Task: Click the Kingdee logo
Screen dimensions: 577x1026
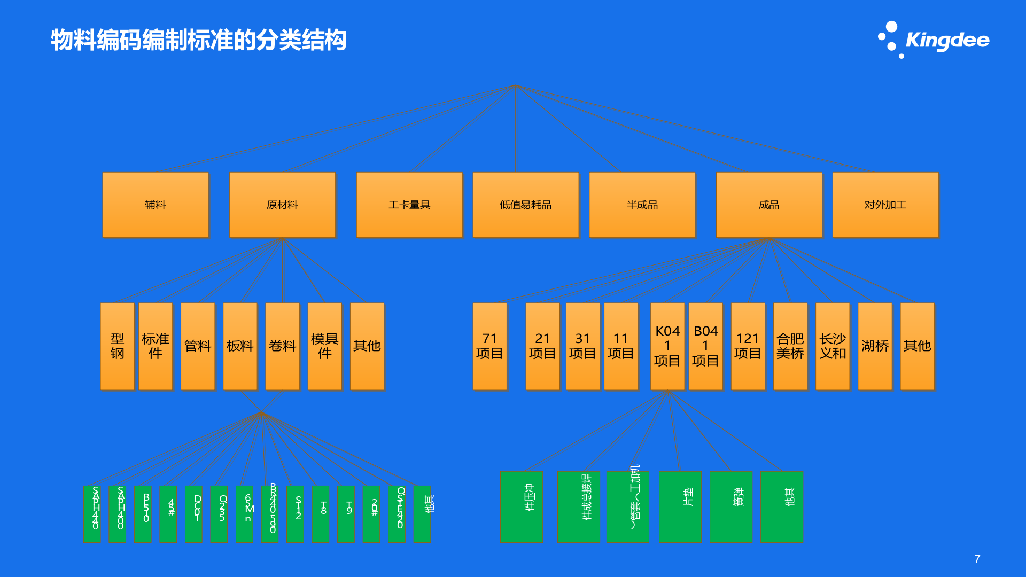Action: [x=934, y=40]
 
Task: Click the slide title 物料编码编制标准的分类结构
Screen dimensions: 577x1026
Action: [x=198, y=40]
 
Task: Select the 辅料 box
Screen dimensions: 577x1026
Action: [x=156, y=205]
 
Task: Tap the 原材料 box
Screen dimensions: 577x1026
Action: [x=282, y=205]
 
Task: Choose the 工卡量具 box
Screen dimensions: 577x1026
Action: [x=409, y=205]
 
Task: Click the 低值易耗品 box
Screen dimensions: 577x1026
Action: [x=525, y=205]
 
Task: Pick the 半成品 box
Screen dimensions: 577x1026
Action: [x=642, y=205]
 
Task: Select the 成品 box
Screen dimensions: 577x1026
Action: [x=768, y=205]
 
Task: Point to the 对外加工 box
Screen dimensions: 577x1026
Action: [x=885, y=205]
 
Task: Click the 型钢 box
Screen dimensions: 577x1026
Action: [x=118, y=346]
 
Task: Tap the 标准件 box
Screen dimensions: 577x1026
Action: [x=156, y=346]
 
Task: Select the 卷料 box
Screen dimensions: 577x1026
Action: [x=282, y=346]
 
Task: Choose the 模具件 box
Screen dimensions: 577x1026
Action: [x=324, y=346]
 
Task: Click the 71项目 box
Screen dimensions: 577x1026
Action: [x=489, y=346]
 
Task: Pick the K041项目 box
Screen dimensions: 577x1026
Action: [x=667, y=346]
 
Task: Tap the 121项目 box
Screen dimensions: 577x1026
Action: [x=748, y=346]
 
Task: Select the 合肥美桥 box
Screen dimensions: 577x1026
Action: [x=790, y=346]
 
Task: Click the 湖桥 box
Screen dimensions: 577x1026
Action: [x=875, y=346]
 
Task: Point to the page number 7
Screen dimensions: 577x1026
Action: [x=977, y=559]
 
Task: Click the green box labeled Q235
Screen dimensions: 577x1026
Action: [x=219, y=514]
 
